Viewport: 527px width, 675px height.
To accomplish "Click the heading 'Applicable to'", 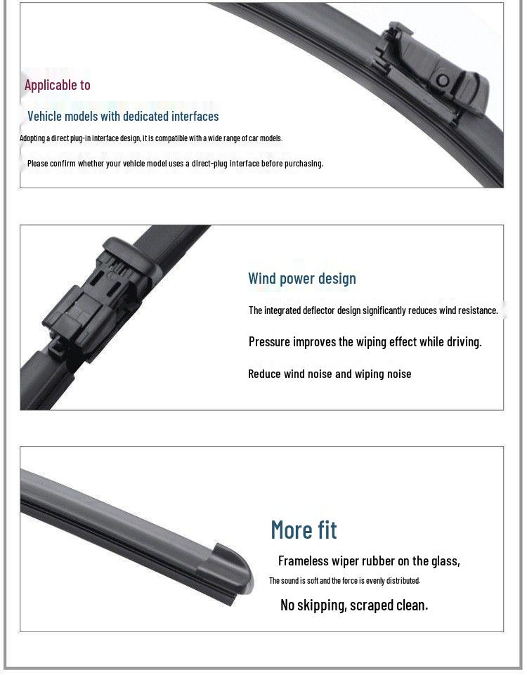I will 57,85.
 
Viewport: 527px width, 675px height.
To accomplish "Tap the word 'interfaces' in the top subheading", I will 195,116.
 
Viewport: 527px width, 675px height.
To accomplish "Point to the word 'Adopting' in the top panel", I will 34,138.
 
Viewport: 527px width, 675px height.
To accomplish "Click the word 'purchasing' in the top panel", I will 303,163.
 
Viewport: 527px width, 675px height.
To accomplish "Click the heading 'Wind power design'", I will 302,278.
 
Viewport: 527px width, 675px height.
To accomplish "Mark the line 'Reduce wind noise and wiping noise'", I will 330,374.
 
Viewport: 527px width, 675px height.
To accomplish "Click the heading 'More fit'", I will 304,530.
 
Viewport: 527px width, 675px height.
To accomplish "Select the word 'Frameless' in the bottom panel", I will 303,561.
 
